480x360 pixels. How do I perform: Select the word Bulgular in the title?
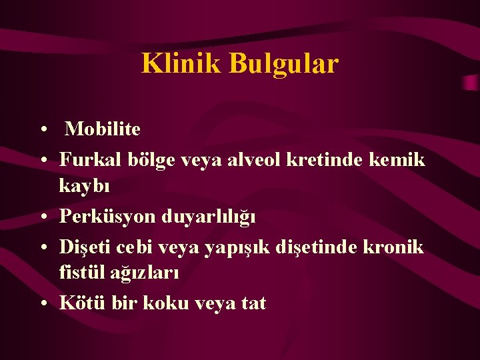[284, 64]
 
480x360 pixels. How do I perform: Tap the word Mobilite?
[103, 129]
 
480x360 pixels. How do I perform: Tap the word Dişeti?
[85, 247]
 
